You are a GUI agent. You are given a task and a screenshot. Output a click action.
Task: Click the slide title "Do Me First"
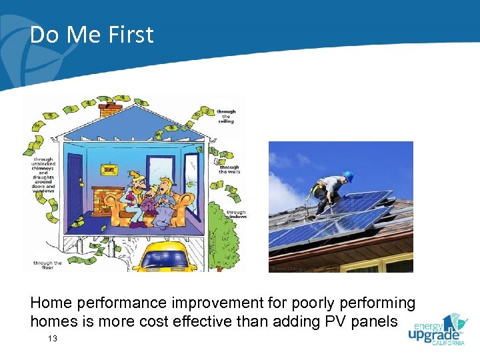click(91, 35)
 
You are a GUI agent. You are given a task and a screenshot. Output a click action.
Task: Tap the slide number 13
click(53, 339)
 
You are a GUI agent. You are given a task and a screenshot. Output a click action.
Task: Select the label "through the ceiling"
click(226, 117)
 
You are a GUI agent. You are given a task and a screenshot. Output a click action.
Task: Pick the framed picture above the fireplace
click(107, 169)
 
